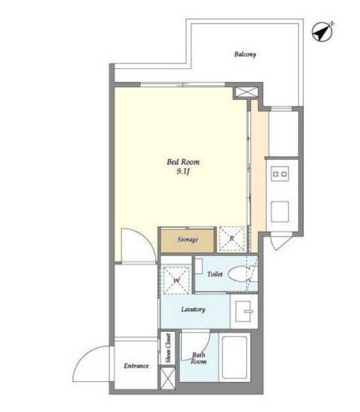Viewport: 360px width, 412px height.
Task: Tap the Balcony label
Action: click(x=245, y=54)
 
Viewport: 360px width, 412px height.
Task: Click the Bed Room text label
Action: click(x=183, y=162)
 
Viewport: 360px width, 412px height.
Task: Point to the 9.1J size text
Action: click(x=184, y=172)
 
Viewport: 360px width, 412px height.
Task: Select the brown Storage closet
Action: click(x=188, y=240)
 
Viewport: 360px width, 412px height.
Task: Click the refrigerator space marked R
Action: click(x=231, y=239)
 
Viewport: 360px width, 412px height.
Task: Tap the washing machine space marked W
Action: click(x=176, y=280)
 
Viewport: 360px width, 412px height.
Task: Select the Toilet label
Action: click(x=214, y=274)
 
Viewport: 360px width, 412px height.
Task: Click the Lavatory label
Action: click(x=193, y=309)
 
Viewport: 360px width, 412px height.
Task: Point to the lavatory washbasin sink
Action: click(x=244, y=311)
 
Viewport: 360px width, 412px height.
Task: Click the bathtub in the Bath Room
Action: click(x=235, y=357)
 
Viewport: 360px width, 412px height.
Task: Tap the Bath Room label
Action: click(x=199, y=358)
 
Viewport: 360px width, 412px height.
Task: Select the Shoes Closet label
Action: click(x=169, y=348)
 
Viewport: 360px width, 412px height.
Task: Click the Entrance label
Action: click(x=136, y=365)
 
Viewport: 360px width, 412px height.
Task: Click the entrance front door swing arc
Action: click(x=84, y=354)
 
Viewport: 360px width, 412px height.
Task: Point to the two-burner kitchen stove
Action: click(x=280, y=174)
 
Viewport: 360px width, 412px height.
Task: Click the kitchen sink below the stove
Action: click(x=280, y=212)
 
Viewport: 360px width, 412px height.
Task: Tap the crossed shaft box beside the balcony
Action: click(x=246, y=92)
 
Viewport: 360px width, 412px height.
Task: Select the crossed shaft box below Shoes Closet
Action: click(x=168, y=378)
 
